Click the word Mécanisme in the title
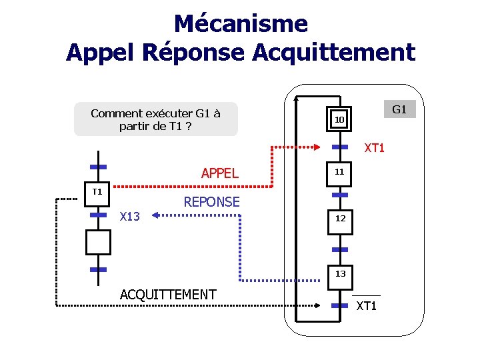point(241,24)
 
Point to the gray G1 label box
point(399,109)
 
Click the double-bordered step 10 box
point(339,119)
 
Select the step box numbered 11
point(339,172)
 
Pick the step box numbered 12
point(340,219)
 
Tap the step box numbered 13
point(340,273)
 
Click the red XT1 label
point(374,148)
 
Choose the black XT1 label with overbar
point(367,306)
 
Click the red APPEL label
point(219,173)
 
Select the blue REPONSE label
point(211,202)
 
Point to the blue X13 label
point(129,216)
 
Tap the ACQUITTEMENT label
point(168,294)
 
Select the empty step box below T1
point(97,242)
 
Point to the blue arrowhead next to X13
point(153,215)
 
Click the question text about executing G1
point(155,119)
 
